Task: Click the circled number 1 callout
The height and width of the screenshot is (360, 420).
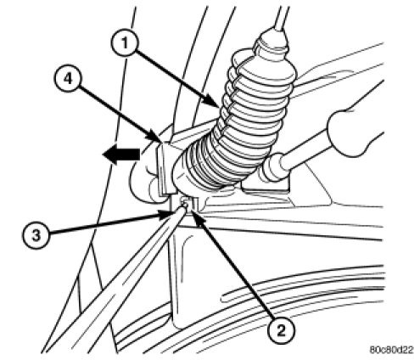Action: (124, 44)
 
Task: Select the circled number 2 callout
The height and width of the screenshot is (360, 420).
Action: (281, 330)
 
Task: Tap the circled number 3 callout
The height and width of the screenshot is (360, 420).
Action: (36, 235)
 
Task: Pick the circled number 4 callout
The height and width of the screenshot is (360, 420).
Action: (68, 78)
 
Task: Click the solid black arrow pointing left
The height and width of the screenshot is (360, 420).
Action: (121, 155)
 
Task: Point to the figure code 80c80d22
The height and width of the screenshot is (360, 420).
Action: (391, 350)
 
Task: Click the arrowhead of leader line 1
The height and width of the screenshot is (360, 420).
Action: (214, 104)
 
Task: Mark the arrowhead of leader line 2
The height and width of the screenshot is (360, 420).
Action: (196, 217)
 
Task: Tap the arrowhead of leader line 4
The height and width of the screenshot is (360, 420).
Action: (157, 137)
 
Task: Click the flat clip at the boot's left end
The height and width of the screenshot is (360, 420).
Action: (163, 168)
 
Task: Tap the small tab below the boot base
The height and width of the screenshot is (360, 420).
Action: (189, 205)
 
